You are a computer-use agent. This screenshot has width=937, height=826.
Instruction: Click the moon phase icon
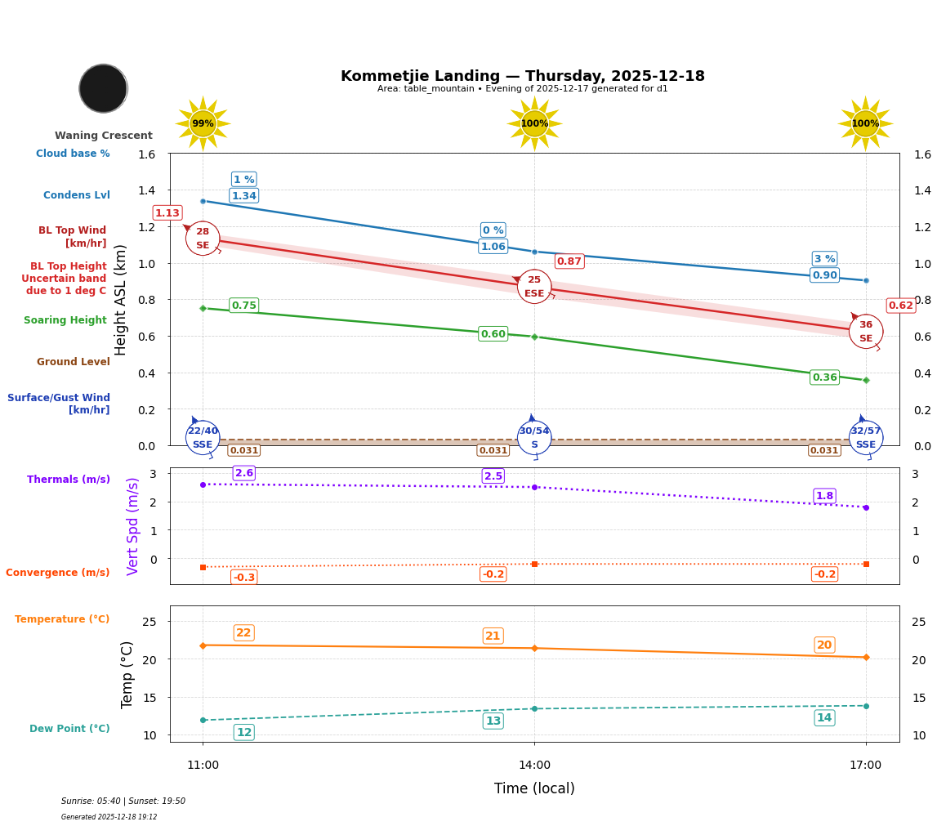(103, 88)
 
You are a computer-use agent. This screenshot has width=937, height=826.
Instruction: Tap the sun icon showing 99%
(203, 123)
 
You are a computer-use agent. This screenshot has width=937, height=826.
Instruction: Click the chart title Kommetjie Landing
(522, 76)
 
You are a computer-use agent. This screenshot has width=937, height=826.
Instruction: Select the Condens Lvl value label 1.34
(243, 196)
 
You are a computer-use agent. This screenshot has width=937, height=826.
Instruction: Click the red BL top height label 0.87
(569, 261)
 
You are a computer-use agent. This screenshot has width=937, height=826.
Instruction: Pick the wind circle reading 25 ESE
(534, 287)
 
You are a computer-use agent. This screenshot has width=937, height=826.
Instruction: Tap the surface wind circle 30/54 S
(534, 438)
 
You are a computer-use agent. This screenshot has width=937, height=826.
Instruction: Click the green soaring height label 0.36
(824, 377)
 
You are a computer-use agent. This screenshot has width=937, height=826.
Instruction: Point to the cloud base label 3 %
(824, 259)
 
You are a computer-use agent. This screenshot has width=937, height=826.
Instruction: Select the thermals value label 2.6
(243, 473)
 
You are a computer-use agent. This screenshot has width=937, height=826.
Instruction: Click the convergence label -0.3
(243, 578)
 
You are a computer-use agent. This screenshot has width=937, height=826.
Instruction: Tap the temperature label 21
(493, 636)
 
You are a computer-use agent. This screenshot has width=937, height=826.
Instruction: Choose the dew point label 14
(824, 718)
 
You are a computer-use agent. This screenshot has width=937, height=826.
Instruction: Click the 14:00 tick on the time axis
(534, 766)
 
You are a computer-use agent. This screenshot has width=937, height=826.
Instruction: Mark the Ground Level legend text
(74, 362)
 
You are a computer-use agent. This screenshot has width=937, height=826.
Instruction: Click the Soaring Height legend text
(65, 320)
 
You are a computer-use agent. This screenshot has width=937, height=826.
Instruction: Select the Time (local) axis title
(534, 788)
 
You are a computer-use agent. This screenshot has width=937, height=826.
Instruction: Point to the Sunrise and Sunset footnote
(123, 801)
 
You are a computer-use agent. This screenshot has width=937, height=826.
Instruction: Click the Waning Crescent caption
(104, 136)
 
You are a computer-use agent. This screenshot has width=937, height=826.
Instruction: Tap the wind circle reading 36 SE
(866, 332)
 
